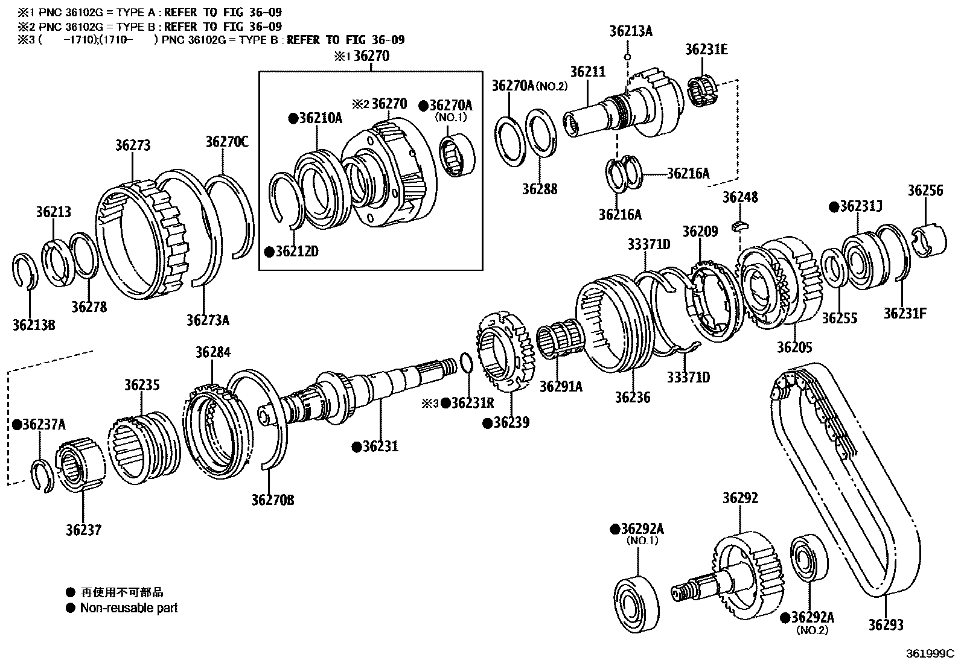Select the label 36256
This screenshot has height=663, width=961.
[925, 191]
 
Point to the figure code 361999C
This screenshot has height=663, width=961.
[928, 653]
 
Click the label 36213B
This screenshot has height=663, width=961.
[34, 325]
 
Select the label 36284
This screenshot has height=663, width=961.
[212, 352]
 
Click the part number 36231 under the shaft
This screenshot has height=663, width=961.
[380, 446]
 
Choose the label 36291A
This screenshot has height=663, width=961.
[561, 386]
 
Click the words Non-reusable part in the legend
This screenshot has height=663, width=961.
[129, 608]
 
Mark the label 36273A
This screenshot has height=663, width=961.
[208, 320]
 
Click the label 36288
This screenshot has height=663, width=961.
[540, 189]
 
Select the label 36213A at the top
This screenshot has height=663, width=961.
[631, 31]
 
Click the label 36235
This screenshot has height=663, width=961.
[142, 384]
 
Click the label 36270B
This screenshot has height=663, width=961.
[273, 500]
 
